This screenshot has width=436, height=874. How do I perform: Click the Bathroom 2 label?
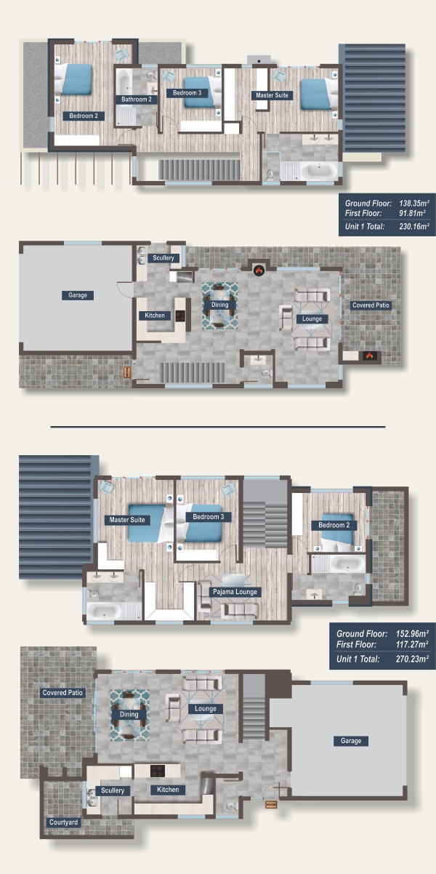[x=137, y=100]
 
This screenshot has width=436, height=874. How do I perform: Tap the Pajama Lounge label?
[x=235, y=592]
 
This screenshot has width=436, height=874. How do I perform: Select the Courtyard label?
[x=63, y=822]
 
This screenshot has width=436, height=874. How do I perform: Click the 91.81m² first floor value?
[x=412, y=214]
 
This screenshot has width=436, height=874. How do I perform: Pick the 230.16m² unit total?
[x=414, y=226]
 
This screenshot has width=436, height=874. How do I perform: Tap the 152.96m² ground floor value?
[x=412, y=633]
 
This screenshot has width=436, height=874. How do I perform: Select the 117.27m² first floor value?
[x=412, y=644]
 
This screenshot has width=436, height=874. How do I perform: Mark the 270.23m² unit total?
[x=412, y=659]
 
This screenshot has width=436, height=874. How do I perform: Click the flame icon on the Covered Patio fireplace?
[x=369, y=356]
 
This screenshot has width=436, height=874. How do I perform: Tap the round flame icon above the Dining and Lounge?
[x=259, y=270]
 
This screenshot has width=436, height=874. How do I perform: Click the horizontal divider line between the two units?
[x=218, y=427]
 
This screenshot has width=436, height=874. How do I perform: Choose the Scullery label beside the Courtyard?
[x=113, y=790]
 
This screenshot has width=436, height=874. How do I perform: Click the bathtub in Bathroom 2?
[x=124, y=82]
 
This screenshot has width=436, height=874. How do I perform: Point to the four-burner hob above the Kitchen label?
[x=158, y=771]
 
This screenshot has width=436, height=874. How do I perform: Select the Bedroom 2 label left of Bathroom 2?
[x=84, y=116]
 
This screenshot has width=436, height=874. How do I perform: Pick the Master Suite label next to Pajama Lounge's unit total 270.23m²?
[x=127, y=520]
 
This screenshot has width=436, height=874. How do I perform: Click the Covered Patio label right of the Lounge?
[x=371, y=305]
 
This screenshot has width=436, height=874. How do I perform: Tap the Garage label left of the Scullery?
[x=78, y=295]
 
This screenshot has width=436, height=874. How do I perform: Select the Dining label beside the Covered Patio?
[x=129, y=714]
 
